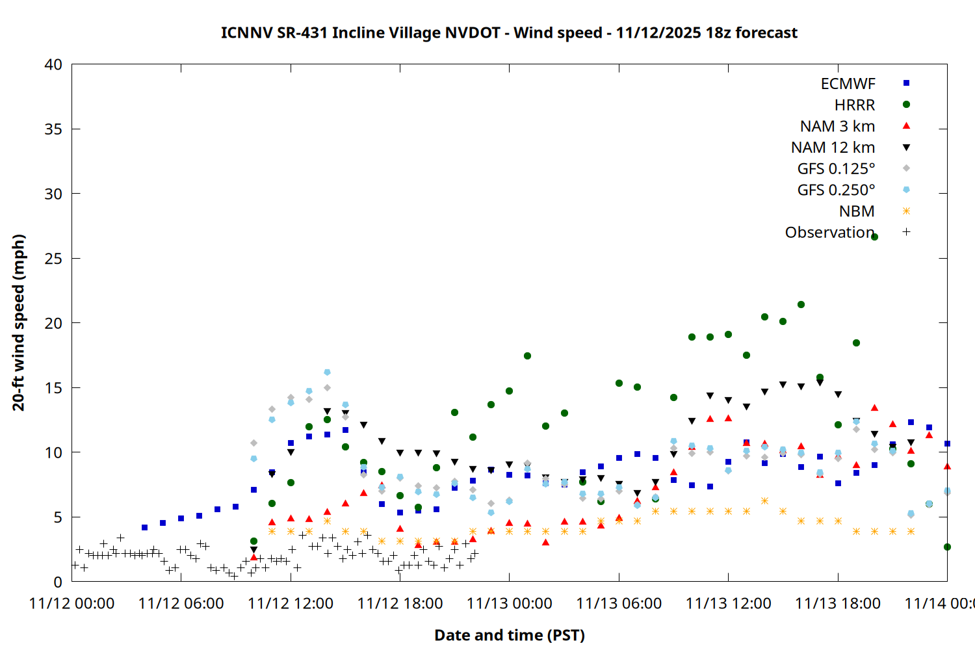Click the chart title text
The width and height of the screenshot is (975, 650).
[509, 32]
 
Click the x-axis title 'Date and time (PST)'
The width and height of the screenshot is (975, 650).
[509, 635]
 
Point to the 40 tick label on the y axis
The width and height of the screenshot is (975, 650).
[53, 64]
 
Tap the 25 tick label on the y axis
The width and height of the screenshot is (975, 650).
[53, 259]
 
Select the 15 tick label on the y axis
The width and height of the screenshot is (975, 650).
[53, 388]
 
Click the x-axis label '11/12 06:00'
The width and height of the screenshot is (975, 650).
[181, 604]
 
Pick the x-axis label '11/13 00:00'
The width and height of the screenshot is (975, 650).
[509, 604]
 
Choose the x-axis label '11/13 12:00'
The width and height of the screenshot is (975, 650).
[728, 604]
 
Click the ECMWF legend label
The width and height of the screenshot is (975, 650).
[848, 84]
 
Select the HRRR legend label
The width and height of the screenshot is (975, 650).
[855, 105]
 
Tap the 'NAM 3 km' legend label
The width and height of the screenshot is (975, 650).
[837, 126]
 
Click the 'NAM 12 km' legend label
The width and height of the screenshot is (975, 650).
[833, 148]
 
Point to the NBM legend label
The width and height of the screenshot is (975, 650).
[857, 211]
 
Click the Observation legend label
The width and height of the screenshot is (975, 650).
[829, 233]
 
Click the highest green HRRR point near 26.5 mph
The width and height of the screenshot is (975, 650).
[874, 237]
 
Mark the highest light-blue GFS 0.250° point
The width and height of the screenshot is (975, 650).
[327, 372]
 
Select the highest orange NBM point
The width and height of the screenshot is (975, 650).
[764, 500]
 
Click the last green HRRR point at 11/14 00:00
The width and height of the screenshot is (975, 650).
[947, 547]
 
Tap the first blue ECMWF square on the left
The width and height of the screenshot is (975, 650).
[144, 527]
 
